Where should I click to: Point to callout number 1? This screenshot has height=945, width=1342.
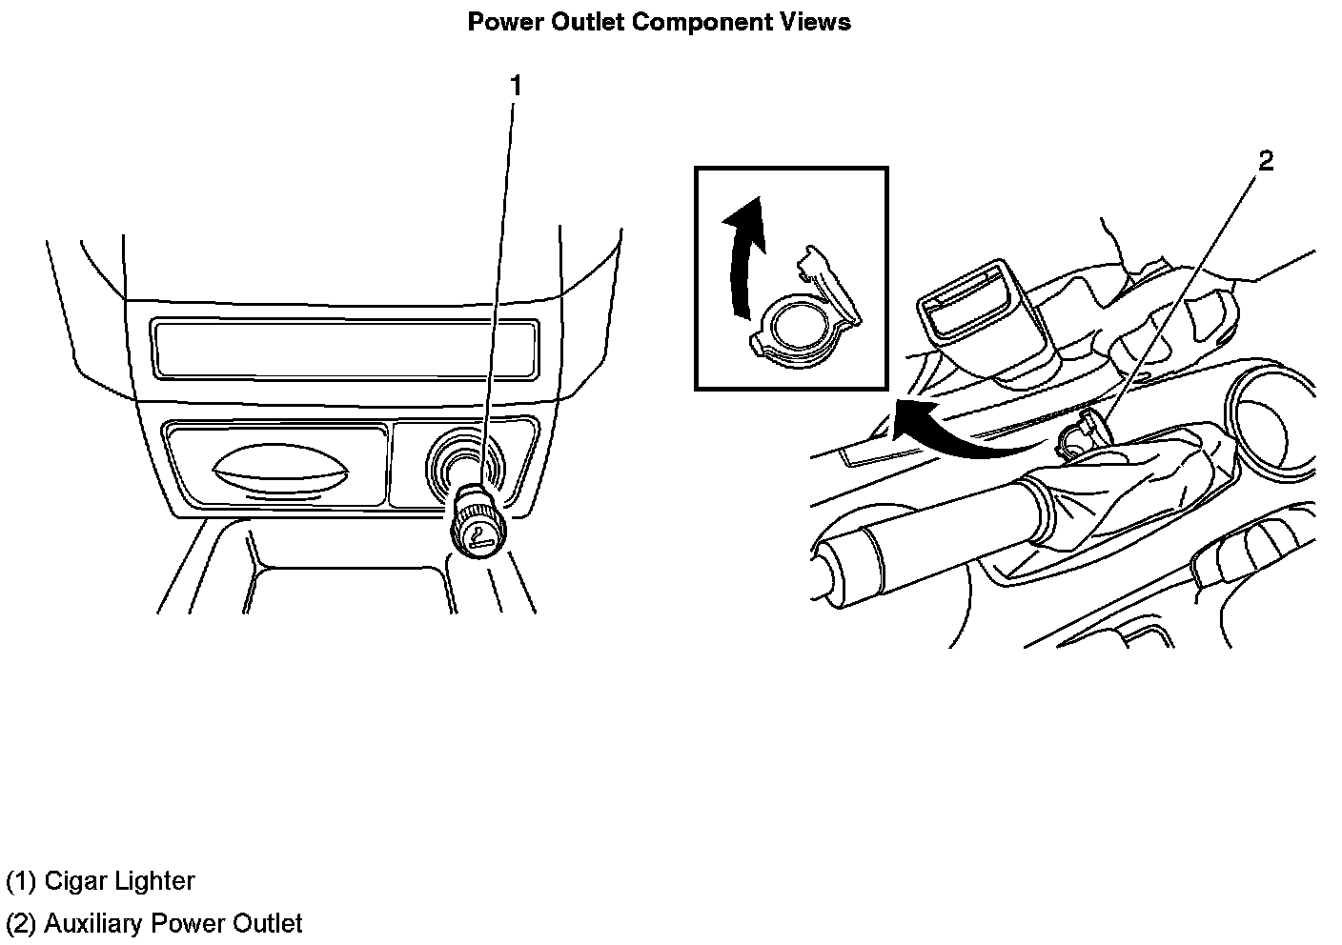tap(516, 86)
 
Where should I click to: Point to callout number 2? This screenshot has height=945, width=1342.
tap(1265, 161)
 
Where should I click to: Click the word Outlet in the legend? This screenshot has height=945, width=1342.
tap(268, 923)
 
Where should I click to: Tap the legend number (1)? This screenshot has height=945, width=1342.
tap(21, 881)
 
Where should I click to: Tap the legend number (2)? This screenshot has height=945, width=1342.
tap(21, 923)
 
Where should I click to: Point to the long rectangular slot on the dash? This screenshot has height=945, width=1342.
tap(343, 348)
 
